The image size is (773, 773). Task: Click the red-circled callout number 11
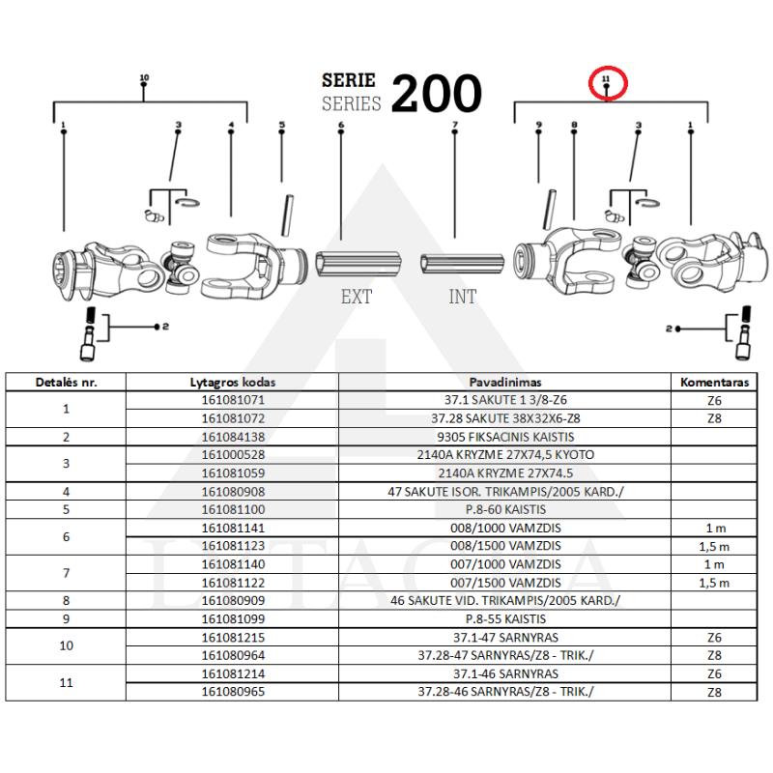(606, 78)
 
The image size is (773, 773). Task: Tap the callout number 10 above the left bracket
(144, 77)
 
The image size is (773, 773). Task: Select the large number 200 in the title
(437, 94)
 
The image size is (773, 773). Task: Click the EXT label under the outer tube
(357, 297)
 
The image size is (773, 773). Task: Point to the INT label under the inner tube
(463, 297)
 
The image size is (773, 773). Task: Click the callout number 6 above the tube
(341, 125)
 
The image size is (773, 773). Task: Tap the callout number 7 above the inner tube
(455, 125)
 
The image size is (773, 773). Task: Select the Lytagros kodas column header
(233, 382)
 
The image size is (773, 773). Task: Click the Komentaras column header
(714, 382)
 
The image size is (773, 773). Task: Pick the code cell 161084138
(233, 437)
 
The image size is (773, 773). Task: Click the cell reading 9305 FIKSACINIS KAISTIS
(505, 437)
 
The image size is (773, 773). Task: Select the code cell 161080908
(233, 492)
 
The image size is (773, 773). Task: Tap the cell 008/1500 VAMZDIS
(505, 546)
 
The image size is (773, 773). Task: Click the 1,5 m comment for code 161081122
(714, 583)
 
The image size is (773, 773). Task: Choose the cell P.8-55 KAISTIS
(505, 618)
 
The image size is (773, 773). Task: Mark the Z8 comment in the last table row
(714, 692)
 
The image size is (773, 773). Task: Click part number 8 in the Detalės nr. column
(66, 600)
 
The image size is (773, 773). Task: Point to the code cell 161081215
(233, 638)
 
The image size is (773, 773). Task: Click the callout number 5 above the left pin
(282, 125)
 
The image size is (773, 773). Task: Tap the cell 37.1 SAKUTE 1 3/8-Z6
(505, 400)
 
